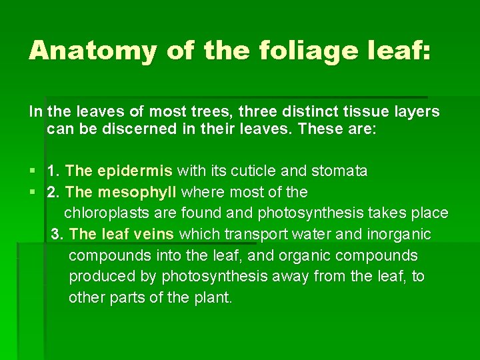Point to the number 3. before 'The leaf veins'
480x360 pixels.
58,235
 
